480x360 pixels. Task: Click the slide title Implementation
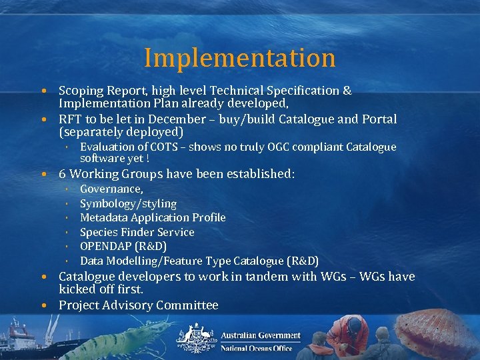tap(239, 58)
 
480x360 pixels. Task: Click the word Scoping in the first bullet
tap(80, 90)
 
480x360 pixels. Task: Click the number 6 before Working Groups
tap(62, 174)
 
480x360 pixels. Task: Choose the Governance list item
tap(111, 189)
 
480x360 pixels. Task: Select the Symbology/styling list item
tap(128, 203)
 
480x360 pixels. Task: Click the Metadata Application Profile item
tap(153, 217)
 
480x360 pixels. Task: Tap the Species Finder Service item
tap(137, 232)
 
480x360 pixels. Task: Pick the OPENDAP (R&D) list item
tap(123, 246)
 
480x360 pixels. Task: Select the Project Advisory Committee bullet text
tap(138, 305)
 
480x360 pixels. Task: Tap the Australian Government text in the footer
tap(260, 335)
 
